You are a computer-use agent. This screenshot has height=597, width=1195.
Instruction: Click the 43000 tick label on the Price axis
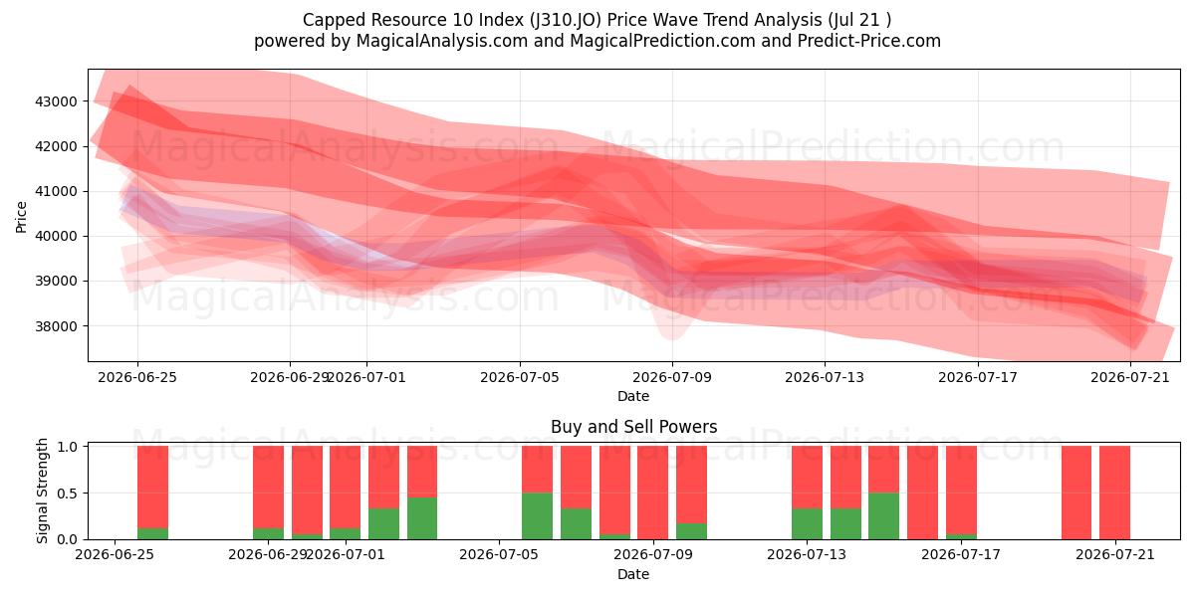tap(56, 101)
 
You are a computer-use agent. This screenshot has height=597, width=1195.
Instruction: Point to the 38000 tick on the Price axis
tap(56, 326)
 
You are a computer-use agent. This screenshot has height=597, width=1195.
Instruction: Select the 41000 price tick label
tap(56, 191)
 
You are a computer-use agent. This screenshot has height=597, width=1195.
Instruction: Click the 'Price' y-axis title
tap(21, 217)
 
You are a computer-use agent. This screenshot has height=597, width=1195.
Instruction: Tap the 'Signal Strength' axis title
tap(42, 491)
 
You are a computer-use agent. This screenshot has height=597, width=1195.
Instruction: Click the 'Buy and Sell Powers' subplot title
tap(633, 427)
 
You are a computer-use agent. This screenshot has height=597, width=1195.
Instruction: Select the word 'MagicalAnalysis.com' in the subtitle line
tap(442, 41)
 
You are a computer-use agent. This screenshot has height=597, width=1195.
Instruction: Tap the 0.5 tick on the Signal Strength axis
tap(68, 494)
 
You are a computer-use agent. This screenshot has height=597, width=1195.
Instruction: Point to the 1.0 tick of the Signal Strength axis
tap(68, 447)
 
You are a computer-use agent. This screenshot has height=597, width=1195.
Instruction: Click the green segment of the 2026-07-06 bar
tap(537, 516)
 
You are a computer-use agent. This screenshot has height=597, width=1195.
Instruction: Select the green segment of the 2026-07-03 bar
tap(422, 518)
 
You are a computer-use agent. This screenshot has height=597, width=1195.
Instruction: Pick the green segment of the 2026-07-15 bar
tap(883, 516)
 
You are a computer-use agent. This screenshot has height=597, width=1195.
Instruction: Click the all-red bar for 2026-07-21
tap(1114, 493)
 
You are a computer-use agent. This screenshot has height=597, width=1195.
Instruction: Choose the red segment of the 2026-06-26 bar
tap(152, 487)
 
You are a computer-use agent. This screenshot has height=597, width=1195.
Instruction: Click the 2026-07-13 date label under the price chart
tap(825, 378)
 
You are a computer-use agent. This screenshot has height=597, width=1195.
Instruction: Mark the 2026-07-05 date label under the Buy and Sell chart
tap(499, 555)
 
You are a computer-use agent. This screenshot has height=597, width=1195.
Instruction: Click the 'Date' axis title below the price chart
tap(633, 397)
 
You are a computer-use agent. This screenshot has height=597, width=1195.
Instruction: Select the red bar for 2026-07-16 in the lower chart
tap(922, 493)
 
